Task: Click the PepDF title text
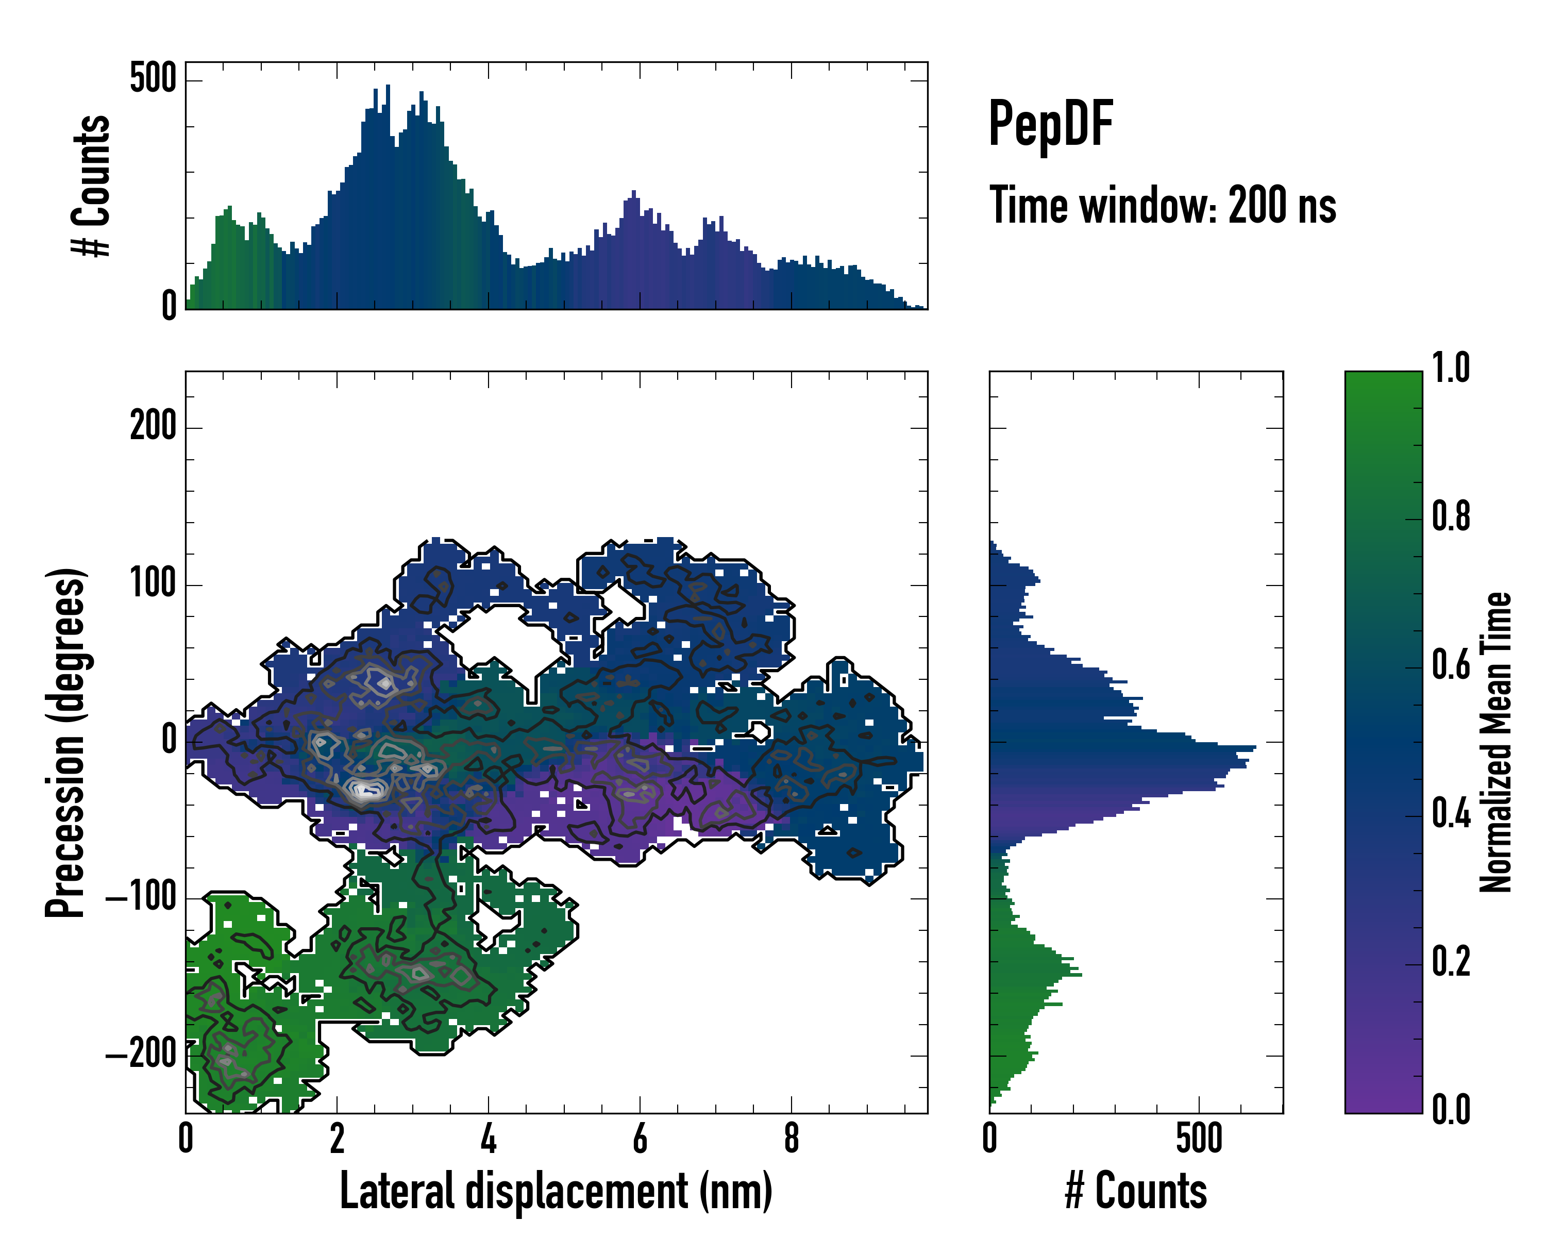pos(1050,125)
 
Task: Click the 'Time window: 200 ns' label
pos(1163,206)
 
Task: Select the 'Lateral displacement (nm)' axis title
pos(556,1191)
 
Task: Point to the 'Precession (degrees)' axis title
pos(66,742)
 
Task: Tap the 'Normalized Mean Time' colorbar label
pos(1496,742)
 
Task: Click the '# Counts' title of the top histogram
pos(91,186)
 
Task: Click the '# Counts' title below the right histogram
pos(1136,1191)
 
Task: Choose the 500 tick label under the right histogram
pos(1199,1139)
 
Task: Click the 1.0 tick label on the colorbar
pos(1451,368)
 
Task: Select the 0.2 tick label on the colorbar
pos(1451,962)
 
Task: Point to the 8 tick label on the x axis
pos(791,1139)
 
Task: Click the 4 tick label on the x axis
pos(489,1139)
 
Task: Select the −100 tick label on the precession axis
pos(141,897)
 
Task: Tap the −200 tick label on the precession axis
pos(141,1054)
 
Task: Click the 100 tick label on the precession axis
pos(153,584)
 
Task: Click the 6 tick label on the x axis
pos(640,1139)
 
